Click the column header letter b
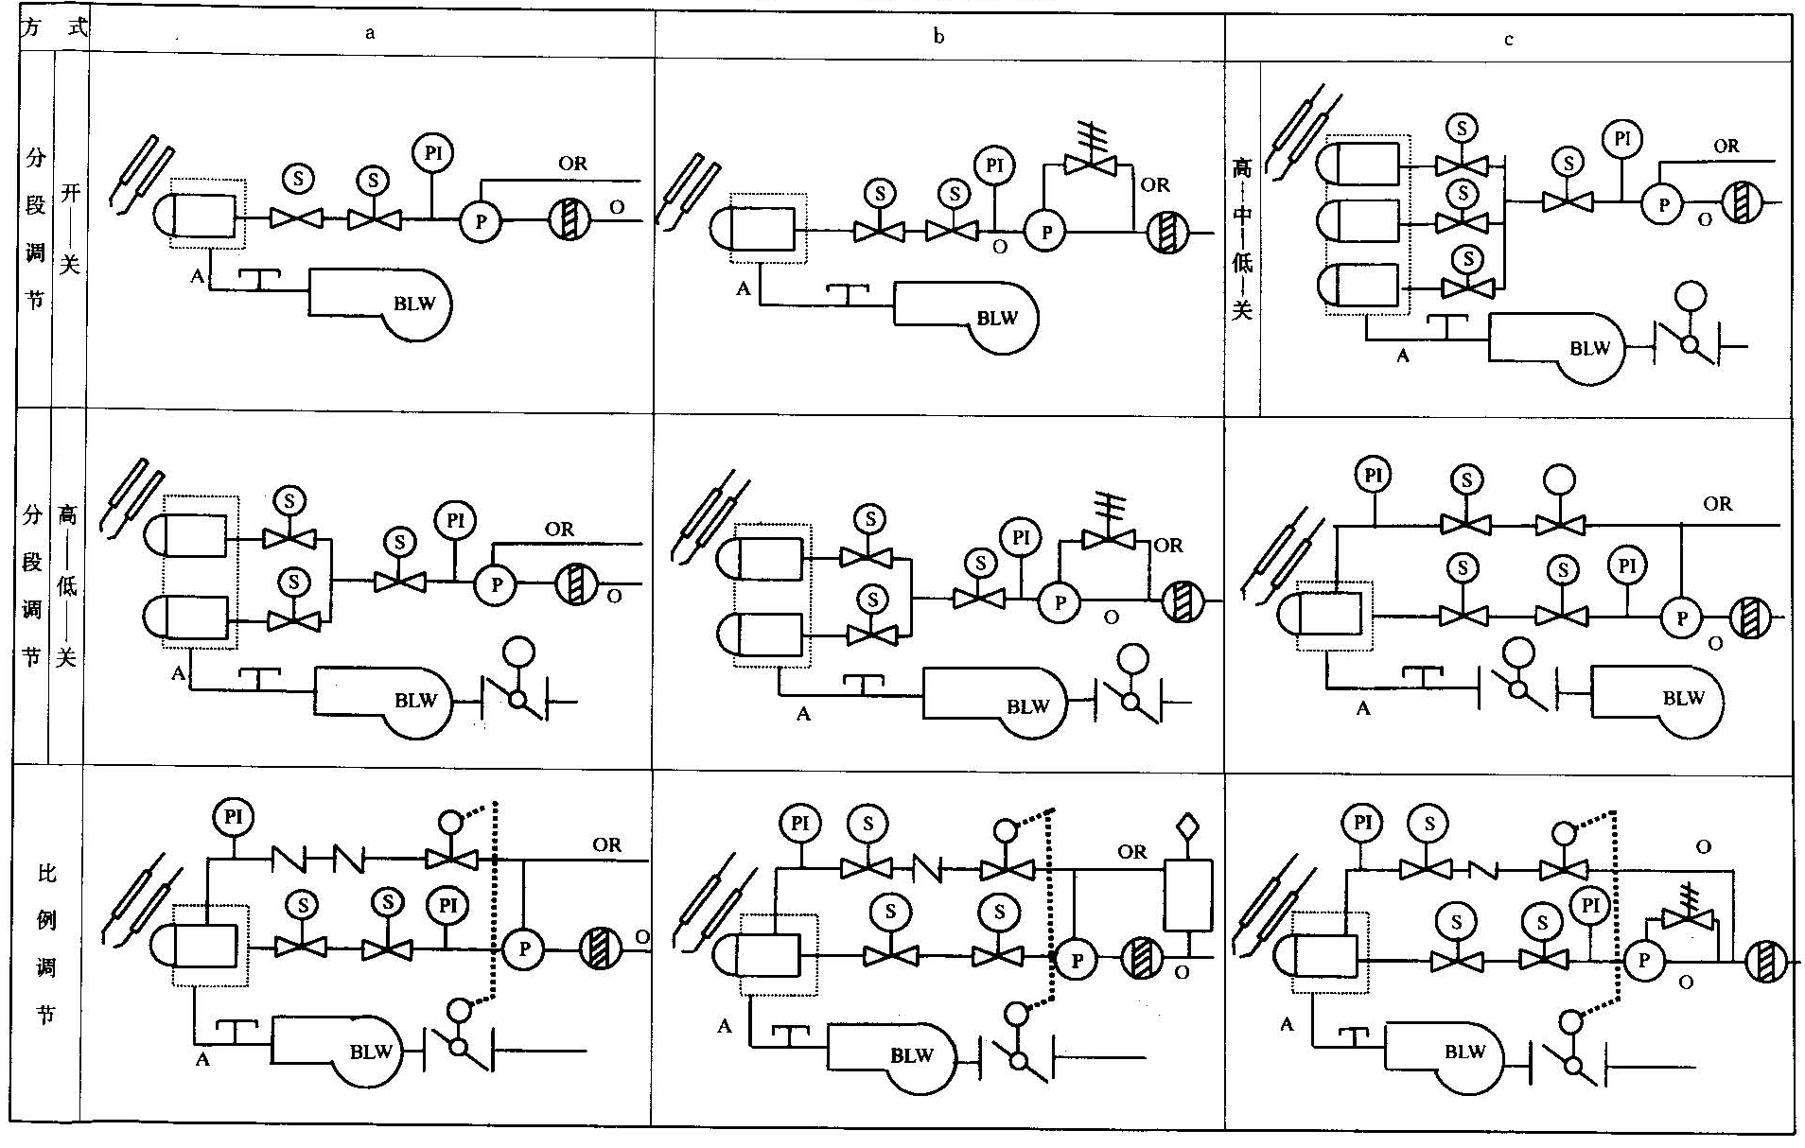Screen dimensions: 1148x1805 (938, 37)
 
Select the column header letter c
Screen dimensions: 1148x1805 (1508, 40)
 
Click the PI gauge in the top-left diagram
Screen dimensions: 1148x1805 (432, 153)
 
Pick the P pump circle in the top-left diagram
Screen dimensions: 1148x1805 (481, 221)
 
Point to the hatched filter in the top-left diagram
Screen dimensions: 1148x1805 (570, 220)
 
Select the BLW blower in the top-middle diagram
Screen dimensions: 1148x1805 (984, 317)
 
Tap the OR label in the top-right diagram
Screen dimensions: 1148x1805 (1726, 147)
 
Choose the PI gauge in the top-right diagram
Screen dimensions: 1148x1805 (1622, 140)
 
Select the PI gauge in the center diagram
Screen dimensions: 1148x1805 (1020, 539)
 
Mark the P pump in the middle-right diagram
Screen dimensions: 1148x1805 (1681, 618)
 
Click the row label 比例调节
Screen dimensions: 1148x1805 (46, 943)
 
